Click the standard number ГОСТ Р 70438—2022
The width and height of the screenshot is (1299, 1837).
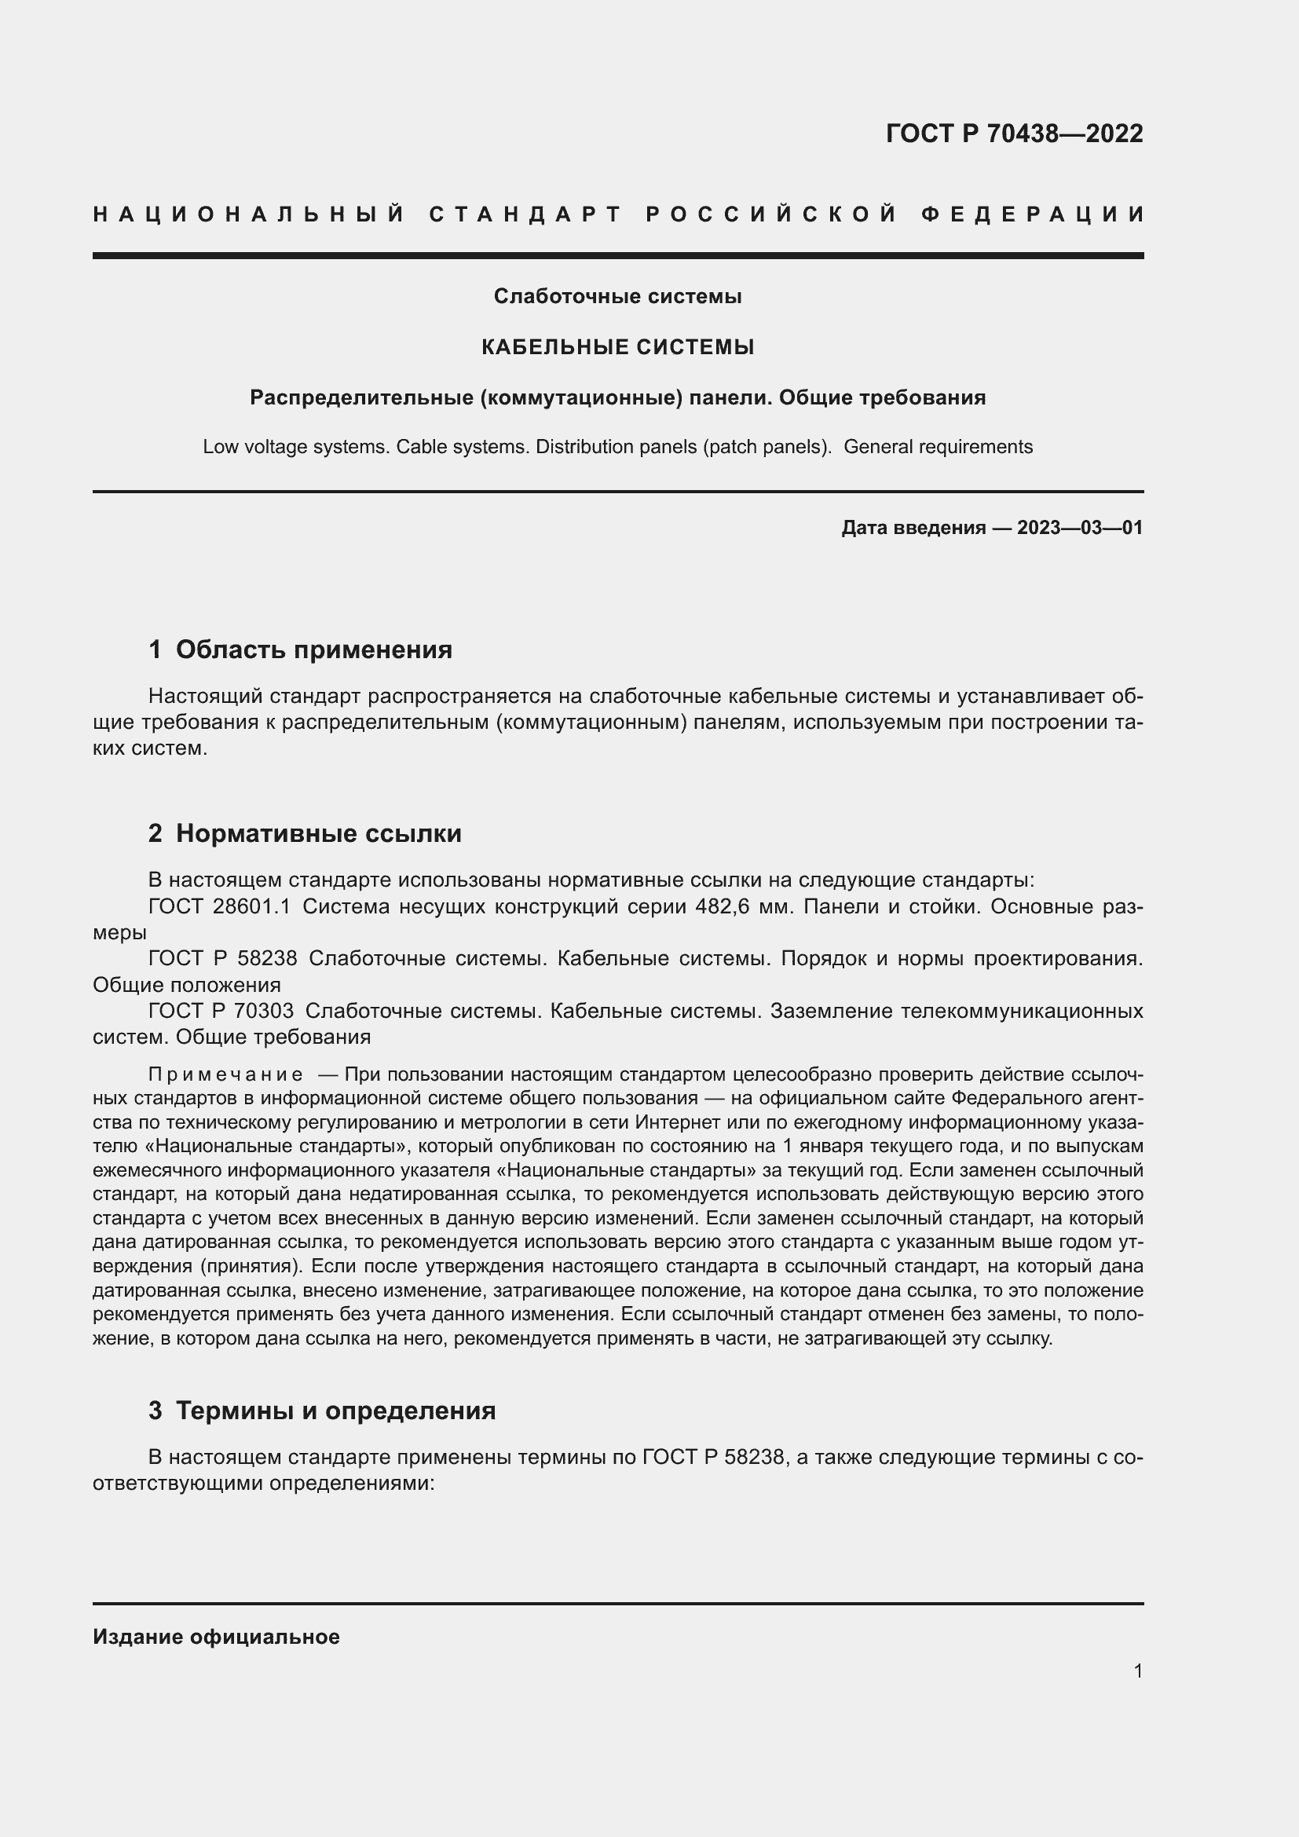point(1013,133)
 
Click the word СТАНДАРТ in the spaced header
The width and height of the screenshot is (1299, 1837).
point(525,214)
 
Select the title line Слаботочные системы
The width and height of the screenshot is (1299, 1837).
point(617,296)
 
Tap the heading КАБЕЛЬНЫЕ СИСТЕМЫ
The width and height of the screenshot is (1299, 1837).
point(617,346)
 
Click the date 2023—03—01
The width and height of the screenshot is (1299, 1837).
point(1079,527)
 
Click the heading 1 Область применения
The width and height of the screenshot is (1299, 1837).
point(300,649)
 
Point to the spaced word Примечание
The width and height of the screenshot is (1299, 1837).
point(225,1074)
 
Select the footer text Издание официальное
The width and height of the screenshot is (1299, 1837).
point(216,1636)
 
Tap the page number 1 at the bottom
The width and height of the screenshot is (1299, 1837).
point(1137,1670)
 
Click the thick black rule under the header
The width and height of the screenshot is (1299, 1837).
point(617,255)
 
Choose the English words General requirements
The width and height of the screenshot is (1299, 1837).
point(938,446)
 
